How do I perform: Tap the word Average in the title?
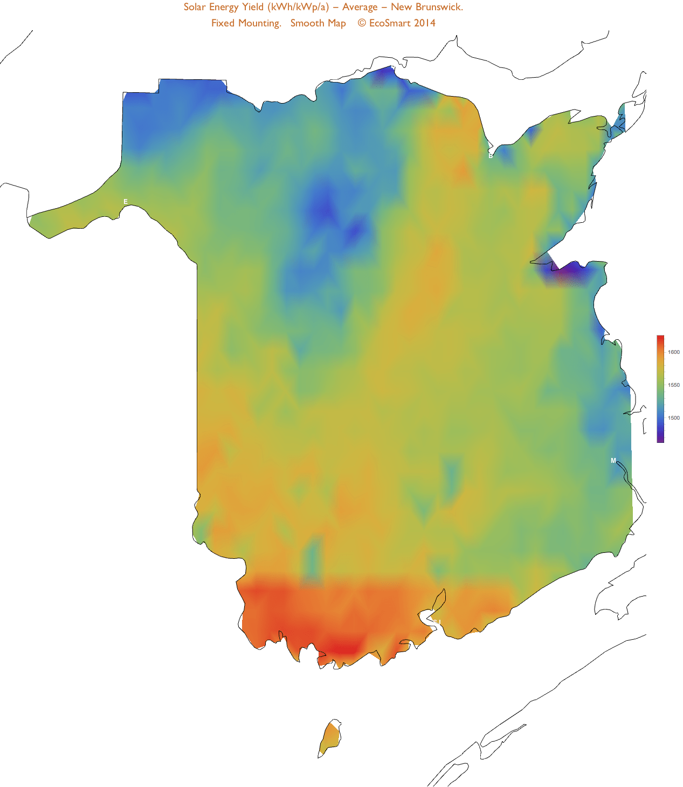click(360, 7)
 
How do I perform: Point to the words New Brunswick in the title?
click(426, 7)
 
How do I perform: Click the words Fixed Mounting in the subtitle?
click(246, 23)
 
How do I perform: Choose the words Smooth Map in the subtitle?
click(318, 23)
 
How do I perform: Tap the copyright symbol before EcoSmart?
click(362, 23)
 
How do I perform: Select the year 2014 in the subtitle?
click(425, 23)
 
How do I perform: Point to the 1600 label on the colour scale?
click(674, 352)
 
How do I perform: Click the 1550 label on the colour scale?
click(674, 385)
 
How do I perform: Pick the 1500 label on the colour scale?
click(674, 418)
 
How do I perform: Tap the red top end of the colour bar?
click(660, 338)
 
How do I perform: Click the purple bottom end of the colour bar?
click(660, 440)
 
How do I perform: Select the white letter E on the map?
click(126, 202)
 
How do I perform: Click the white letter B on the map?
click(491, 156)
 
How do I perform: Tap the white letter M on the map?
click(613, 461)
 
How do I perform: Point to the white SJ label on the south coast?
click(437, 622)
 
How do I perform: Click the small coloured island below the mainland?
click(330, 737)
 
